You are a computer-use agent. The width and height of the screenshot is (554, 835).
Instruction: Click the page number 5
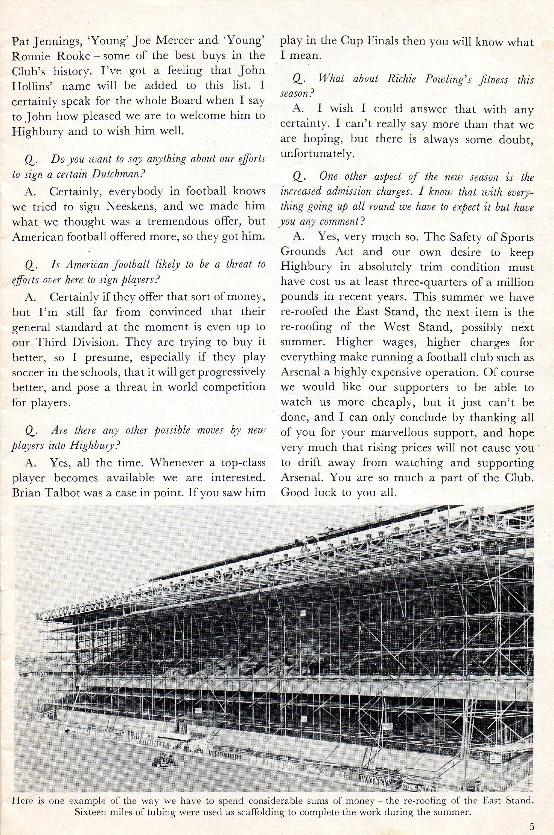pos(532,827)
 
